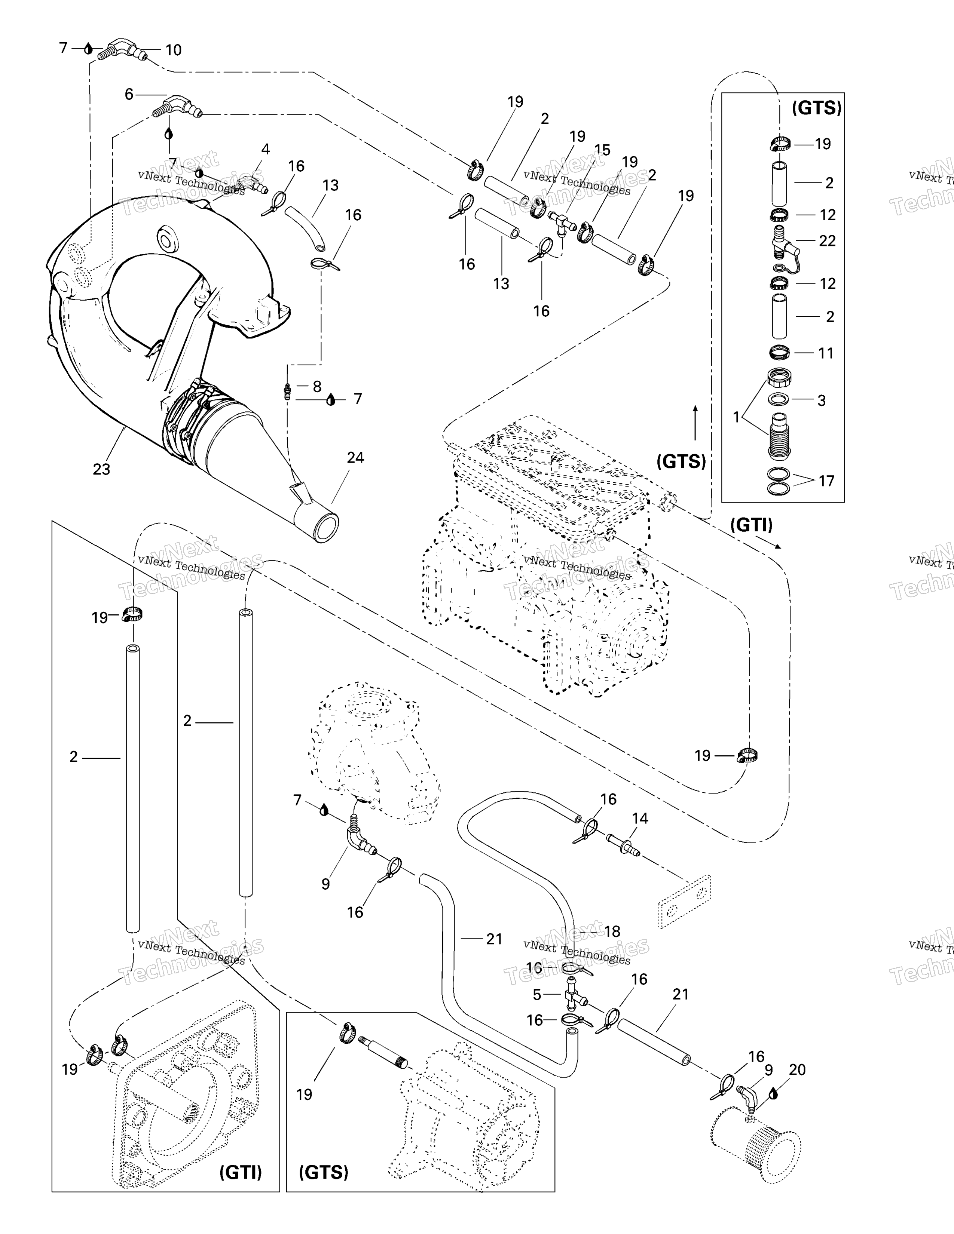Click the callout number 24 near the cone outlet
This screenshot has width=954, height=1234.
coord(355,458)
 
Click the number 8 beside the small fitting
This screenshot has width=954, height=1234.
coord(317,387)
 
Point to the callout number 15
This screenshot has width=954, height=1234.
coord(602,150)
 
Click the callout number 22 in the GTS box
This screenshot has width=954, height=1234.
coord(827,241)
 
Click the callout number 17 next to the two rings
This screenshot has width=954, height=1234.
coord(826,481)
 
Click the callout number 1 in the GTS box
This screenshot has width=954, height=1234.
coord(736,417)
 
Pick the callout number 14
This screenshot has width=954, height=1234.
coord(640,818)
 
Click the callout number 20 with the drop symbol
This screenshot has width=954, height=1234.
coord(797,1069)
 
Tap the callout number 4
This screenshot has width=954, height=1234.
coord(265,149)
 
